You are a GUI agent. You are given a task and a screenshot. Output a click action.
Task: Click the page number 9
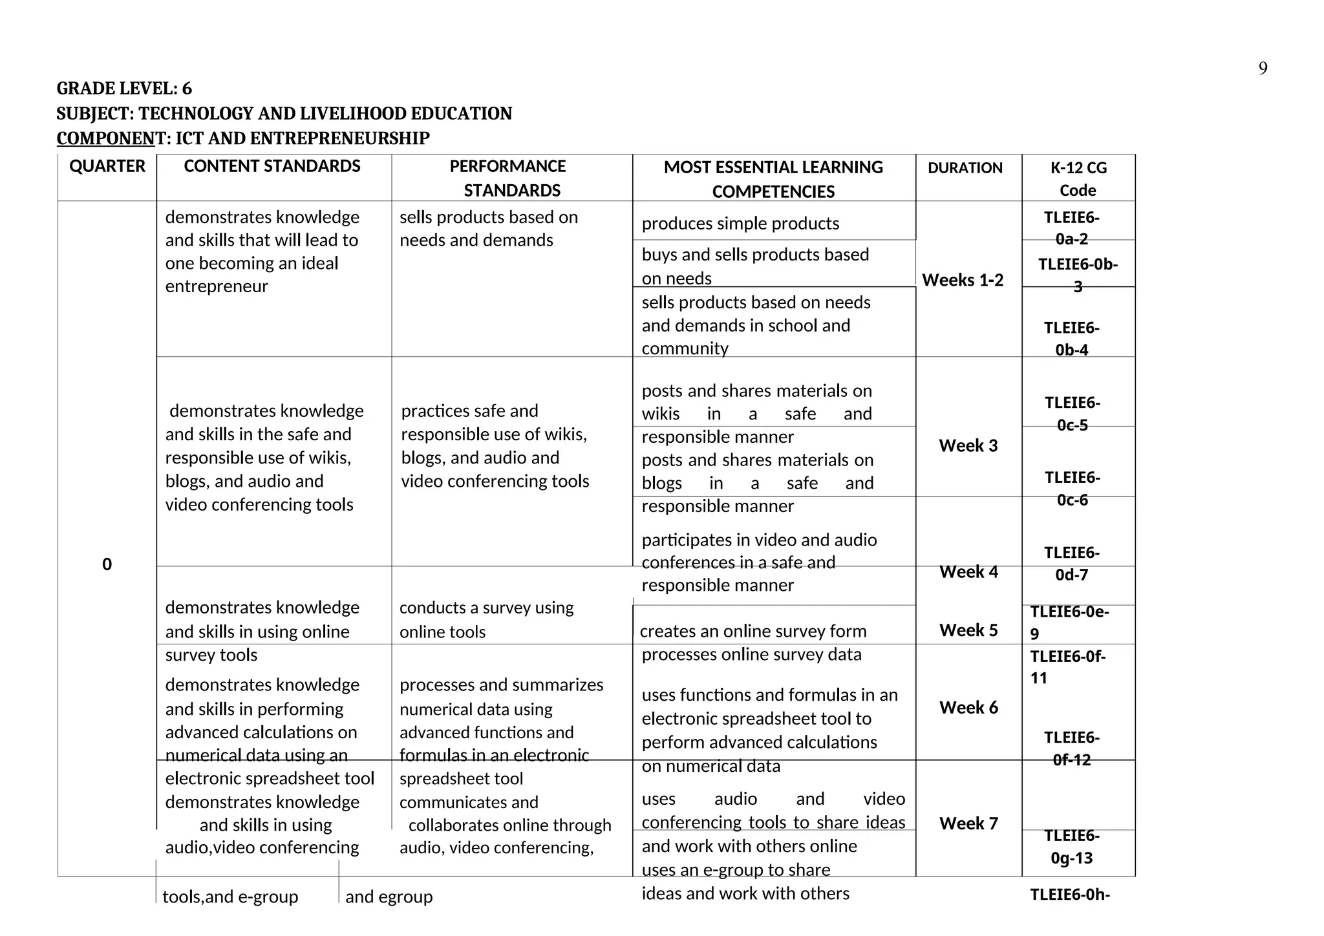[1263, 69]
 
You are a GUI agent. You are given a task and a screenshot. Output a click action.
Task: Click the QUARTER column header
[107, 167]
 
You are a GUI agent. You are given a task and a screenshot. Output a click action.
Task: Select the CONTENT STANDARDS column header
[272, 167]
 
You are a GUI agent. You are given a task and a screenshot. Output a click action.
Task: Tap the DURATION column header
[965, 168]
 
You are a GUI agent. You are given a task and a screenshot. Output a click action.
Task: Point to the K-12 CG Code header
[1078, 178]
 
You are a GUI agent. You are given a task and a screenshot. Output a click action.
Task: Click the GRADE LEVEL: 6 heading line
[124, 89]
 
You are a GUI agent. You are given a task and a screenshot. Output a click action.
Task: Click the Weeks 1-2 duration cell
[963, 280]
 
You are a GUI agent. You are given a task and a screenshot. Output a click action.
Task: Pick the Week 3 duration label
[968, 445]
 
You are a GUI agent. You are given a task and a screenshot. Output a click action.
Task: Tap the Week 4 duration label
[968, 571]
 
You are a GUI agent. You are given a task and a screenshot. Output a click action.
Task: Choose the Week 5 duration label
[968, 630]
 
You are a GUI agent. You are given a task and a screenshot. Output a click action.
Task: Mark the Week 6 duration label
[968, 707]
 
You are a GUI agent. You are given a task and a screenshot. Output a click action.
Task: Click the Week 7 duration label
[968, 824]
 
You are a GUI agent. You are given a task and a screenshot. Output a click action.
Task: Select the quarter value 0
[107, 564]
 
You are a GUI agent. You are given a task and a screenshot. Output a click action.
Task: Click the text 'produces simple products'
[740, 224]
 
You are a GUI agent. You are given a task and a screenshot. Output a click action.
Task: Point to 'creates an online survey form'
[753, 631]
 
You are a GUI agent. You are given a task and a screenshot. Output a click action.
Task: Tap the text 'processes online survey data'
[751, 655]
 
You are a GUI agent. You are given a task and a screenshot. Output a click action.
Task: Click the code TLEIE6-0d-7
[1072, 564]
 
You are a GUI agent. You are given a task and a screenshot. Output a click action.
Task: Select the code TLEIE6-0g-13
[1072, 847]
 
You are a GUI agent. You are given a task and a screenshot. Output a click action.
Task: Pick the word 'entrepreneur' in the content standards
[217, 286]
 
